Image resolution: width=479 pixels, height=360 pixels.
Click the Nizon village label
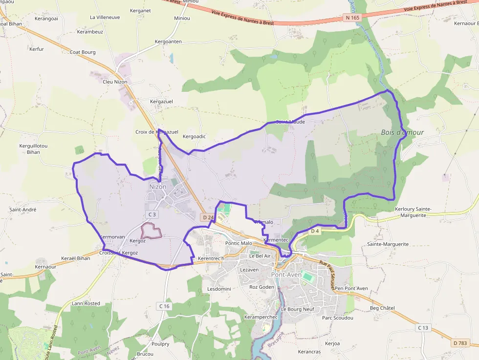[157, 187]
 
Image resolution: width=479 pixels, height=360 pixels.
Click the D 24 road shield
[208, 217]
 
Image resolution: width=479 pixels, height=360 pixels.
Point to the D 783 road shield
[460, 343]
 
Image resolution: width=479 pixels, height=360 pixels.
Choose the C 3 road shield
[152, 214]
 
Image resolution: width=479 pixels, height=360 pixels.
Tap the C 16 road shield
[164, 306]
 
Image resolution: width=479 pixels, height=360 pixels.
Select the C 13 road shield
[423, 327]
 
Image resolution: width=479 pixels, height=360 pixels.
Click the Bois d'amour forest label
[402, 132]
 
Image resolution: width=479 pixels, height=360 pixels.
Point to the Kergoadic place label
[194, 136]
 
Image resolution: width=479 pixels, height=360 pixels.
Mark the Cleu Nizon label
[115, 82]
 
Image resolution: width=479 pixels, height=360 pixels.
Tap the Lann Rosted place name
[86, 303]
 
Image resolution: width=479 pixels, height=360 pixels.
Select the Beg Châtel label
[382, 308]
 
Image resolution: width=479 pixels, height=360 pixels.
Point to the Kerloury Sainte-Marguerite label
[413, 212]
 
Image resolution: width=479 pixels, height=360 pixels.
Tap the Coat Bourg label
[82, 52]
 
